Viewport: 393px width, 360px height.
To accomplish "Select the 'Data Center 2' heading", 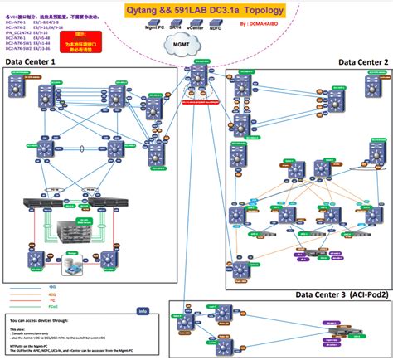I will (362, 61).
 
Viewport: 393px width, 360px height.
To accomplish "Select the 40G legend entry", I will (33, 295).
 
